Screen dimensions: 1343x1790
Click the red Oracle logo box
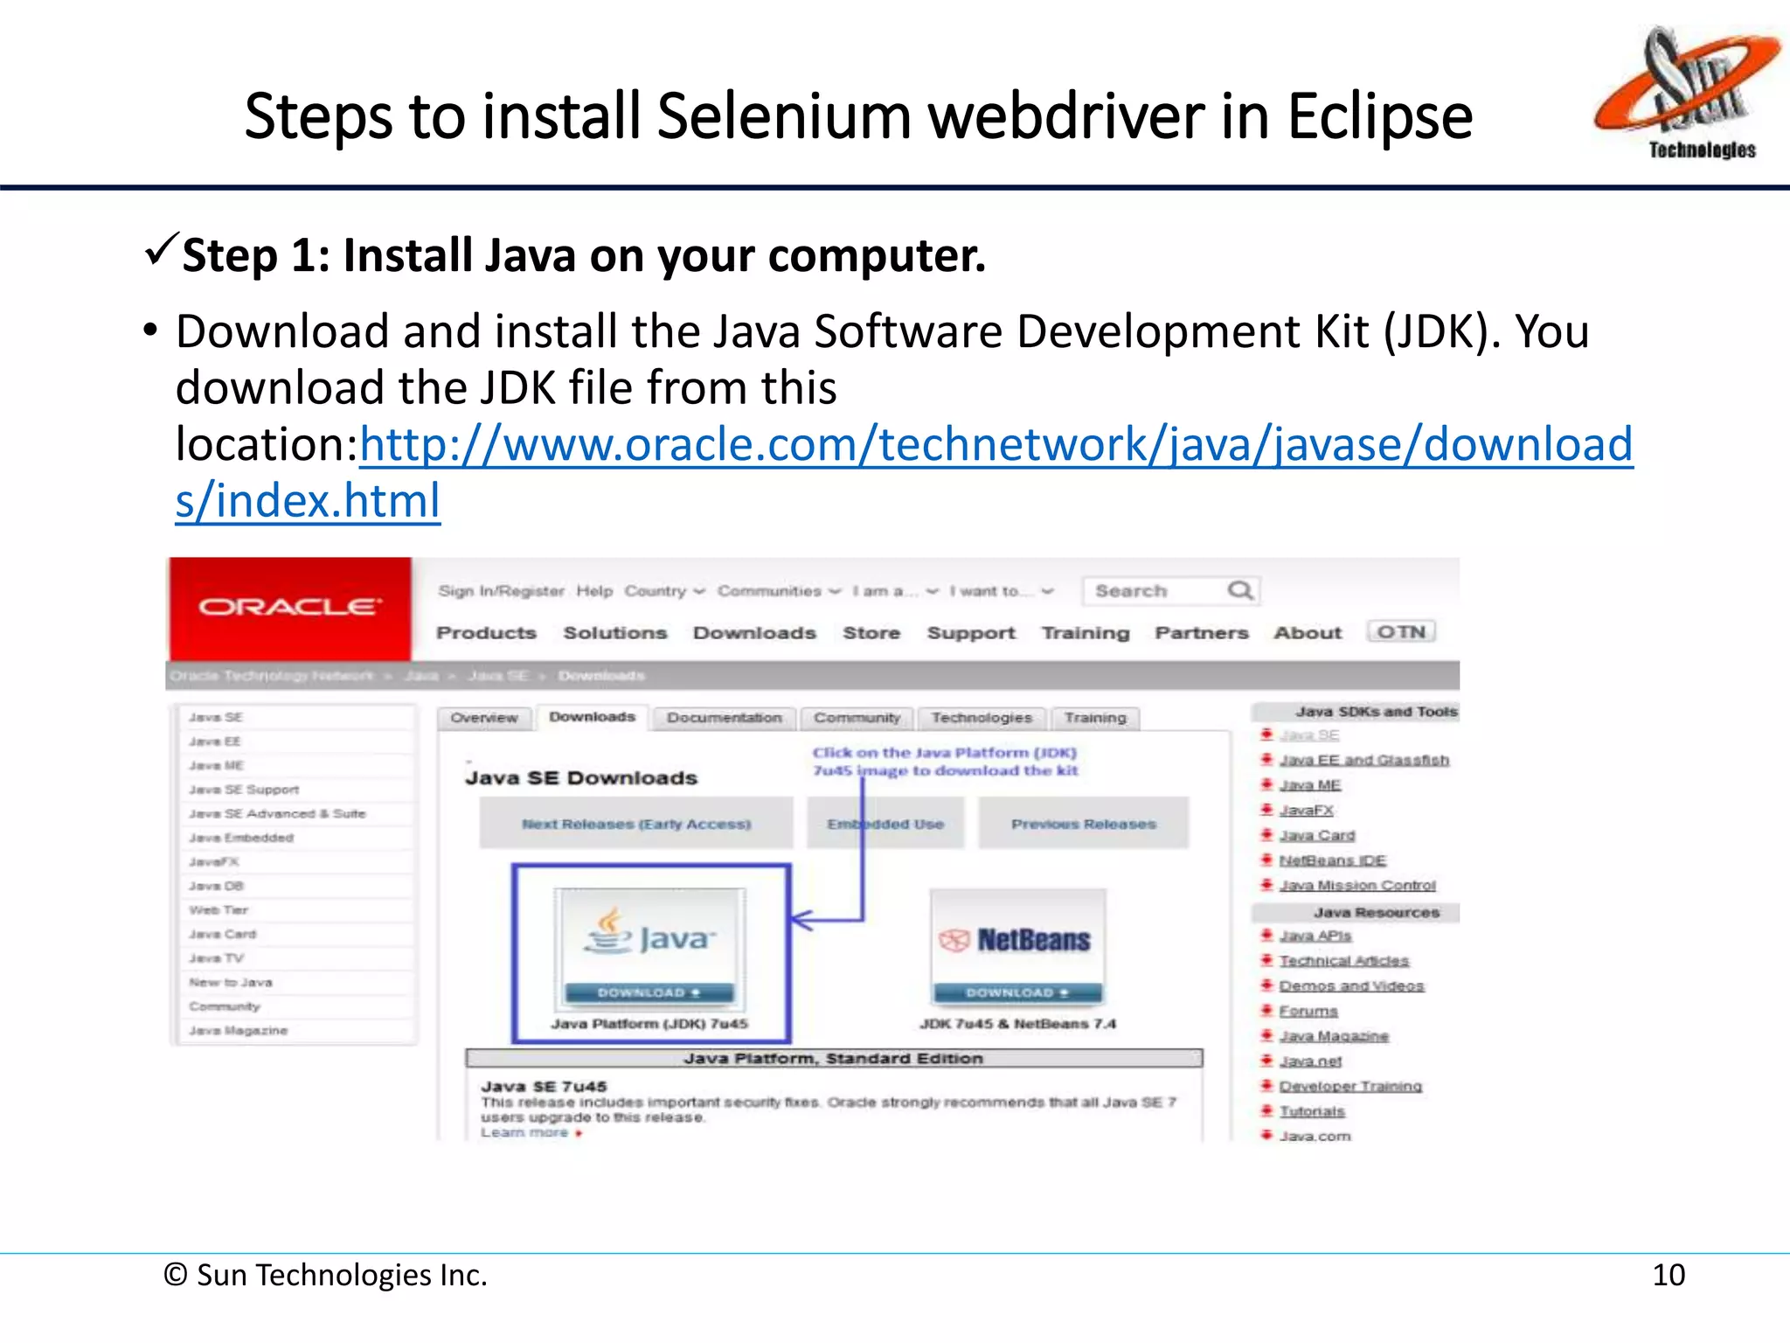(290, 608)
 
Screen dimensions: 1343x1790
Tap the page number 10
(1668, 1275)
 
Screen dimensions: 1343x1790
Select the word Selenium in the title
(783, 117)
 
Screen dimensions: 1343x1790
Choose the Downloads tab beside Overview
(592, 717)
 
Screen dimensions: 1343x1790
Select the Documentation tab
(724, 718)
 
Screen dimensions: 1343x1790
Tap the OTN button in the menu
(1400, 631)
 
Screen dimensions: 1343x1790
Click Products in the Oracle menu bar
(486, 632)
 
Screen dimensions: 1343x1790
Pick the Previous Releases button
(1083, 824)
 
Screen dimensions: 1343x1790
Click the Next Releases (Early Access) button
(635, 824)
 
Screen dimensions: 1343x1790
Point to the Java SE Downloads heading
(581, 777)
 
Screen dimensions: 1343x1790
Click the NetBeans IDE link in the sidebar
(1332, 860)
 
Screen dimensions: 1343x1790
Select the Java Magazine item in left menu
(238, 1031)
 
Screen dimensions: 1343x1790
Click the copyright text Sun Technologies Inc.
(325, 1276)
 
